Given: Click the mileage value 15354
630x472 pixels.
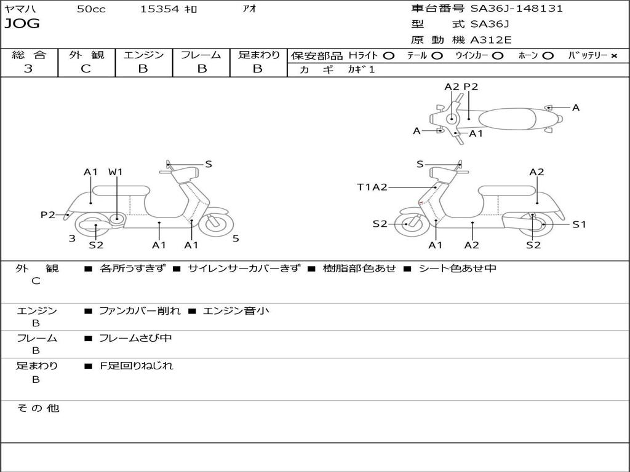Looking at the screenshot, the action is pyautogui.click(x=159, y=9).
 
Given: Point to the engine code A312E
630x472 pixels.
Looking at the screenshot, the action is pyautogui.click(x=490, y=41).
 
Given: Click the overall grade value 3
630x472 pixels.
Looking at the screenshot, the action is pyautogui.click(x=28, y=69).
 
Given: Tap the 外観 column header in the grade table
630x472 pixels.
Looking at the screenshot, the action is pyautogui.click(x=86, y=55).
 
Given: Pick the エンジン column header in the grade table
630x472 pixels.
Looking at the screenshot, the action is pyautogui.click(x=144, y=55).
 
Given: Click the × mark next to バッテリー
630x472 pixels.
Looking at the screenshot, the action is pyautogui.click(x=613, y=56).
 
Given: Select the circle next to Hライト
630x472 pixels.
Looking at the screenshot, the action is pyautogui.click(x=388, y=56).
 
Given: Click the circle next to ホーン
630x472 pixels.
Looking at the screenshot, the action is pyautogui.click(x=548, y=56).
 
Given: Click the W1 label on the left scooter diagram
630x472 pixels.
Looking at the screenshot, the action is pyautogui.click(x=116, y=172).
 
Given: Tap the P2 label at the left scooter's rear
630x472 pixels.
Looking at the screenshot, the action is pyautogui.click(x=48, y=214).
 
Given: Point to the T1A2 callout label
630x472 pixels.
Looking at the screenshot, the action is pyautogui.click(x=372, y=187).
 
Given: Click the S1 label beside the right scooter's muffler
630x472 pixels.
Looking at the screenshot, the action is pyautogui.click(x=579, y=224).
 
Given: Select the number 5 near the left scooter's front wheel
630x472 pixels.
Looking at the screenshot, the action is pyautogui.click(x=236, y=238).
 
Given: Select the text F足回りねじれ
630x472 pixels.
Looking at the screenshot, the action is pyautogui.click(x=137, y=366).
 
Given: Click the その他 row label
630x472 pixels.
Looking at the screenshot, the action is pyautogui.click(x=38, y=408).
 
